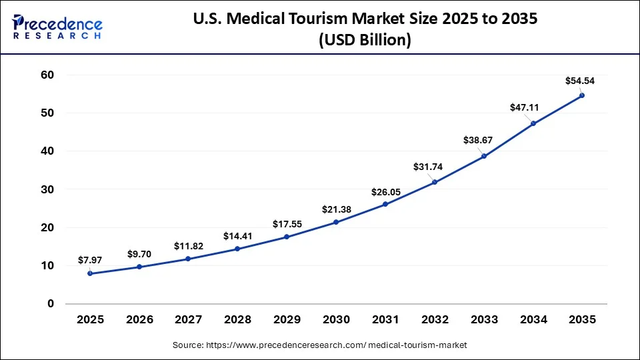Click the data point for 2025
tap(90, 273)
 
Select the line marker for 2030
tap(336, 222)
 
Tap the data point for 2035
tap(582, 95)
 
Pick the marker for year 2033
tap(484, 156)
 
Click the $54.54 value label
tap(580, 81)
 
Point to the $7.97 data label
tap(90, 259)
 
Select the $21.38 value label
tap(337, 209)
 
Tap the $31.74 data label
tap(435, 167)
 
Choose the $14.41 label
tap(238, 235)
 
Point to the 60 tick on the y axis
tap(47, 75)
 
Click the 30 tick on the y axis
tap(47, 189)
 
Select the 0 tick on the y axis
tap(50, 304)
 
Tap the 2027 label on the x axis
tap(189, 320)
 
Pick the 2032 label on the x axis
tap(435, 320)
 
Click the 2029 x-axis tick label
tap(287, 320)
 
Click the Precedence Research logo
tap(57, 27)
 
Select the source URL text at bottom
tap(320, 345)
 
